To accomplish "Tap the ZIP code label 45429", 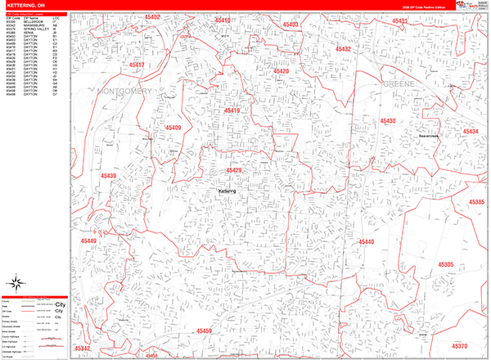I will (x=234, y=170).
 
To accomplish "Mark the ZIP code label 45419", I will (x=233, y=110).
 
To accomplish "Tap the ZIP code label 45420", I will (x=281, y=72).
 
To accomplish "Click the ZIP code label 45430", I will (x=386, y=121).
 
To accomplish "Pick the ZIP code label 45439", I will (x=108, y=176).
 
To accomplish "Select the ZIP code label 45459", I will (x=204, y=331).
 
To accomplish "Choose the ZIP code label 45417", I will (x=137, y=65).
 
